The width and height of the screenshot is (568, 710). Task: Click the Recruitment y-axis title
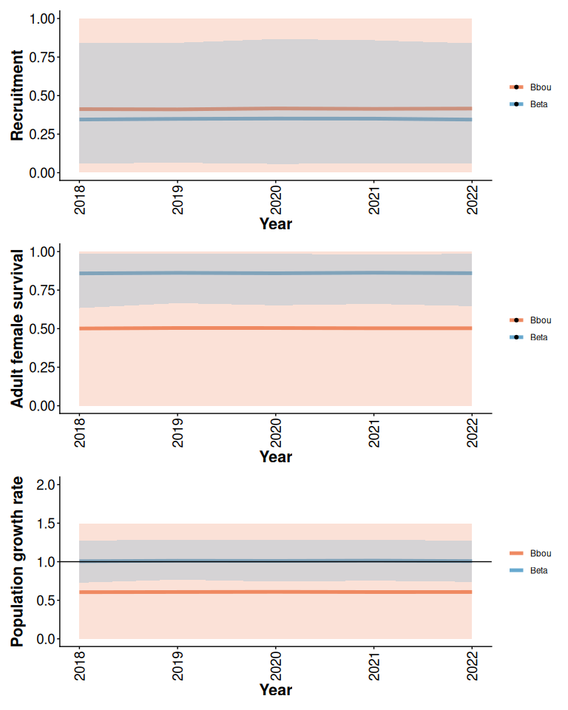(x=17, y=95)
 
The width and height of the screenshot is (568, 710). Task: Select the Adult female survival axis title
(x=17, y=328)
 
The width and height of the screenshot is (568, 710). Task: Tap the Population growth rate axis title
(x=17, y=561)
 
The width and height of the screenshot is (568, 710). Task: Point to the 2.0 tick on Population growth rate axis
(x=45, y=485)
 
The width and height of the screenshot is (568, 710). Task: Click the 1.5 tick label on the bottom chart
(x=45, y=524)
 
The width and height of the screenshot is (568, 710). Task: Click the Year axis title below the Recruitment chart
(x=275, y=223)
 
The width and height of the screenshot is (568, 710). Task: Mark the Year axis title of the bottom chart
(x=275, y=689)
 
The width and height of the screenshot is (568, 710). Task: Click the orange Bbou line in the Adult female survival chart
(x=275, y=328)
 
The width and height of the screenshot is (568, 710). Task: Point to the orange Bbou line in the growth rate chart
(x=275, y=592)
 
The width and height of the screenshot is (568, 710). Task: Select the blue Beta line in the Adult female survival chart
(x=275, y=273)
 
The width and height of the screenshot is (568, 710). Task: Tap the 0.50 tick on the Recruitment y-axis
(x=42, y=95)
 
